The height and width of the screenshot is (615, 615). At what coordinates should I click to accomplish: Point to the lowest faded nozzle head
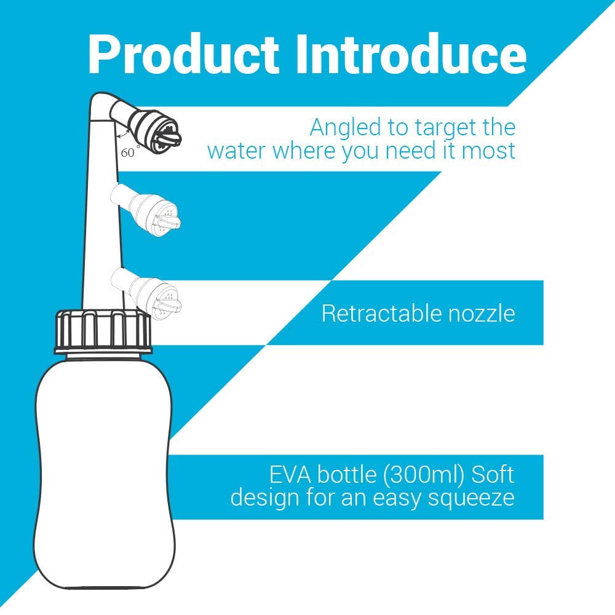tap(155, 300)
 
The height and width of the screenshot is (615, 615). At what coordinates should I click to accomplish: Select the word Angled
tap(346, 129)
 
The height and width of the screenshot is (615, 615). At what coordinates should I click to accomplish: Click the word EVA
tap(290, 475)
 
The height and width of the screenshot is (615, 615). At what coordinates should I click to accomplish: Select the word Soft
tap(493, 474)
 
